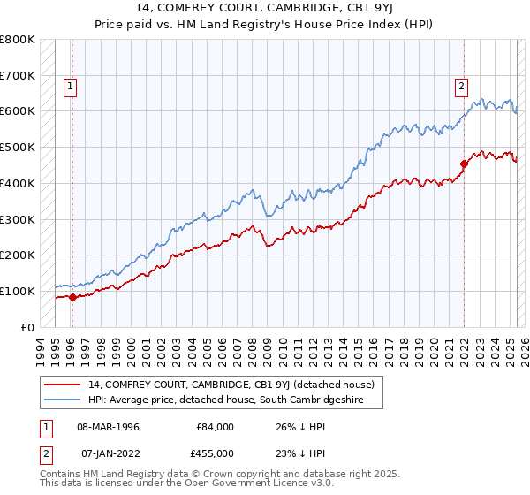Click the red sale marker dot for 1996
coord(72,297)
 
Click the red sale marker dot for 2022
coord(464,163)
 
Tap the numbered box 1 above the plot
coord(70,87)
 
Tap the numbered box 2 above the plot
coord(461,87)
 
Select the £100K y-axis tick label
coord(18,291)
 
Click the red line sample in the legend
coord(62,385)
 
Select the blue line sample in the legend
coord(62,400)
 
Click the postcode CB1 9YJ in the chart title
coord(357,11)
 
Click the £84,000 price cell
coord(216,427)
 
